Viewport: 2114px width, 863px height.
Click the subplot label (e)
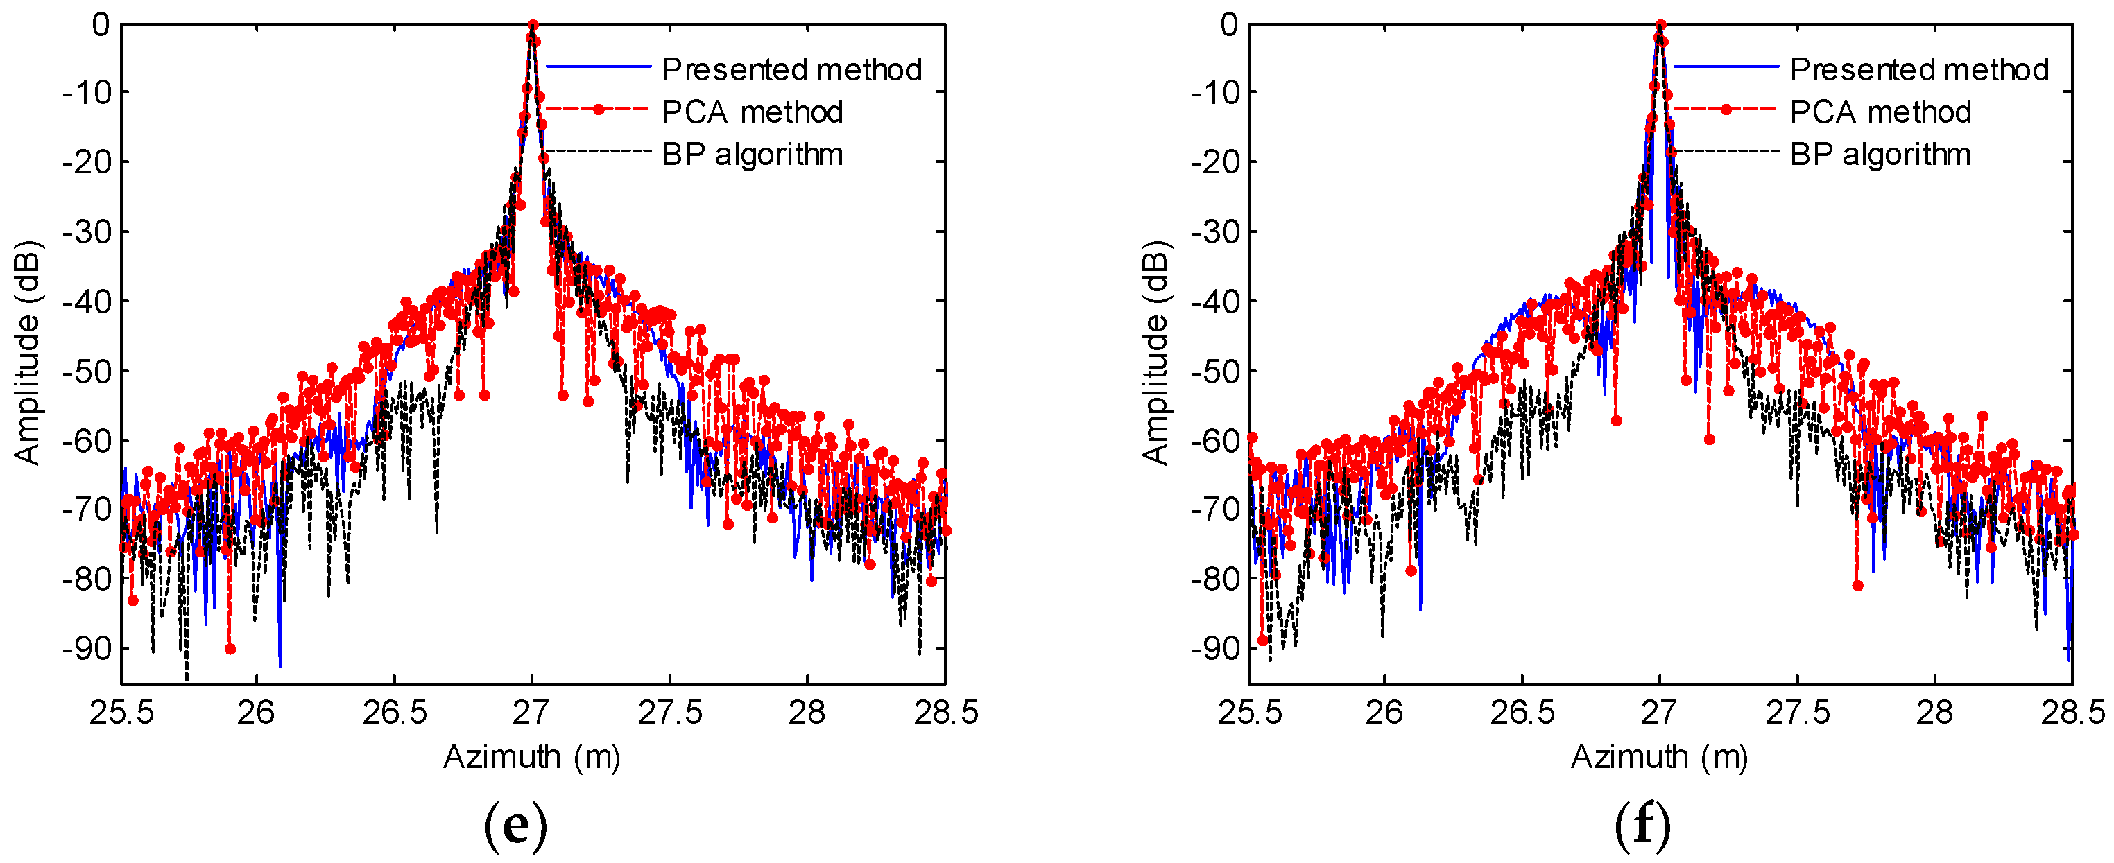[515, 824]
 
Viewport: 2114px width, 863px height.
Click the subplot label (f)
[1642, 824]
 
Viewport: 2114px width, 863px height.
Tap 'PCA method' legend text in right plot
[1880, 112]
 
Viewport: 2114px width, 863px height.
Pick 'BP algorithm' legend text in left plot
[752, 154]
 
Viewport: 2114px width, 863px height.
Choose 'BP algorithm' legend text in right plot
[1880, 154]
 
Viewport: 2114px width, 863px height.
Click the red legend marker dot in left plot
[599, 109]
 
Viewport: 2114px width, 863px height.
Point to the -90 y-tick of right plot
[1214, 649]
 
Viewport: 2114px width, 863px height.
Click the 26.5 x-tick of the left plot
[395, 713]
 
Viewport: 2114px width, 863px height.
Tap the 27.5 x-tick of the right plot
[1797, 713]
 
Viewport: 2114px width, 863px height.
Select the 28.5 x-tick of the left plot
[945, 713]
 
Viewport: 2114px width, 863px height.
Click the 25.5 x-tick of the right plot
[1249, 713]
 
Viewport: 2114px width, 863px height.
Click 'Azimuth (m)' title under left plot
[532, 756]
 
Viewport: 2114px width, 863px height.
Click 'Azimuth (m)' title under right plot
[1659, 756]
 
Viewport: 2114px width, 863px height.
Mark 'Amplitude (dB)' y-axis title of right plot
[1155, 353]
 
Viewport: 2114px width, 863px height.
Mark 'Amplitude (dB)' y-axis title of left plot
[27, 353]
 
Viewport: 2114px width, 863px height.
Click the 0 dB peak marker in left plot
[533, 26]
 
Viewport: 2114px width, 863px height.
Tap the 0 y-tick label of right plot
[1228, 25]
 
